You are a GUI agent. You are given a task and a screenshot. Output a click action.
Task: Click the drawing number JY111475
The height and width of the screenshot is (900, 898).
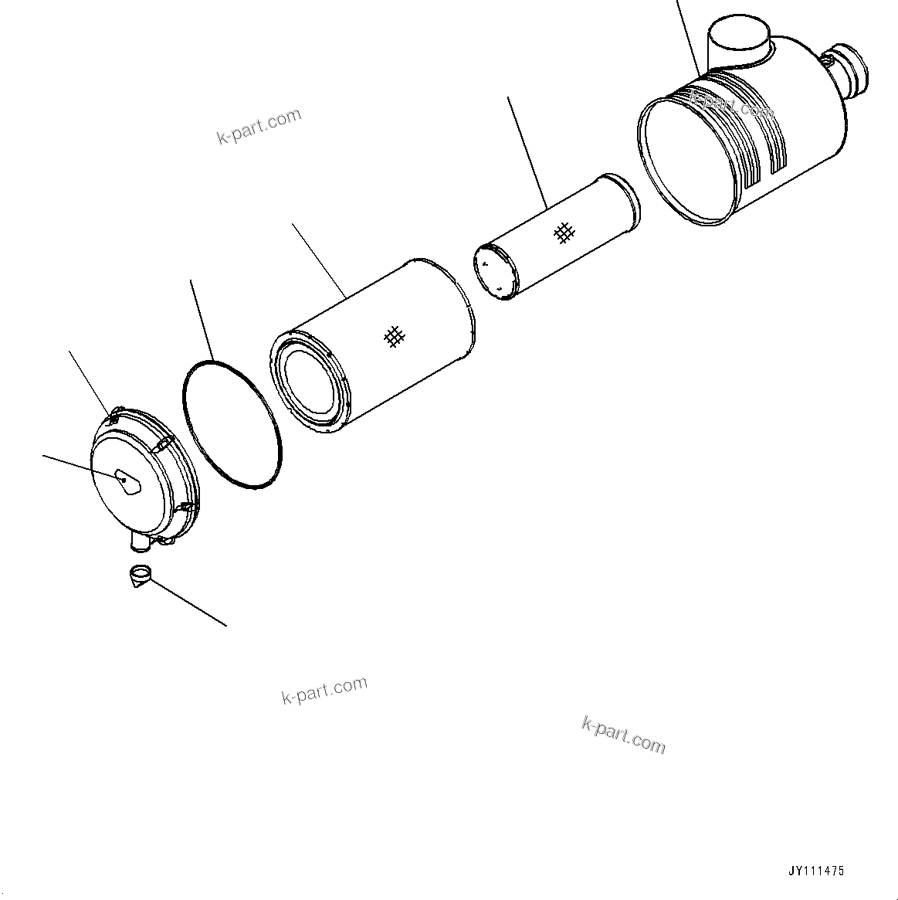click(x=816, y=871)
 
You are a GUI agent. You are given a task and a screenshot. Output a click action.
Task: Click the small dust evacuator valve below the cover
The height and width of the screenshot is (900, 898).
click(x=140, y=576)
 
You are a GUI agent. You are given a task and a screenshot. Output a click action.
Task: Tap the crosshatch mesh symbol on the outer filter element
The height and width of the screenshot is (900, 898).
click(x=394, y=336)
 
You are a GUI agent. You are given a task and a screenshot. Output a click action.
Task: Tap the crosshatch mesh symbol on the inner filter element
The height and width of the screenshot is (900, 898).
click(x=565, y=232)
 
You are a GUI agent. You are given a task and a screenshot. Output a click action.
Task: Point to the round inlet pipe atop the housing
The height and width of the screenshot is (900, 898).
click(x=740, y=39)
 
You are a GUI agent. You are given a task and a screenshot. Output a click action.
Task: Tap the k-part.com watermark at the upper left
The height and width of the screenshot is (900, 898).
click(x=258, y=127)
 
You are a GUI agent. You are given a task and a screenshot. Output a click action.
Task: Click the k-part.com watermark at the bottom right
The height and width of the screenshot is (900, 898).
click(x=622, y=734)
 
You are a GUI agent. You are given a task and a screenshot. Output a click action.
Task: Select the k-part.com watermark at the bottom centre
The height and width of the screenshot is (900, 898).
click(x=324, y=690)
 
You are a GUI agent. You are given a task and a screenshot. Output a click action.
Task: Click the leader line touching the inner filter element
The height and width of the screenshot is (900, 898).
click(x=527, y=151)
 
